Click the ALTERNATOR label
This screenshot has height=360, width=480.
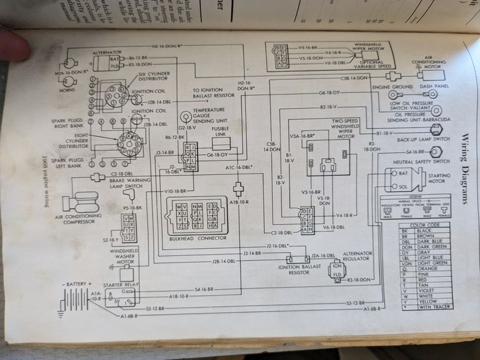pos(107,52)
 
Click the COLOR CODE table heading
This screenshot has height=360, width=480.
pos(425,225)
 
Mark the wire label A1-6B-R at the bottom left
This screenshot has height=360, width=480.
pos(129,316)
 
